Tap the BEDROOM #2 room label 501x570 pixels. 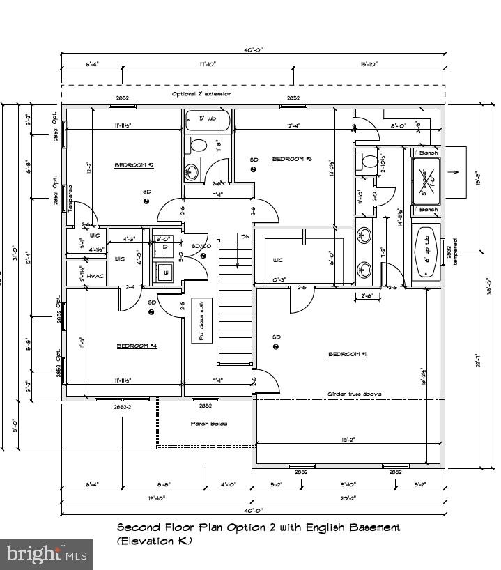point(133,165)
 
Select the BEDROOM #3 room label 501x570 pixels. point(291,159)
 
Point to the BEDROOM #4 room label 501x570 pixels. point(137,346)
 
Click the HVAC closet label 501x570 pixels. point(96,276)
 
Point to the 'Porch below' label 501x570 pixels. point(209,424)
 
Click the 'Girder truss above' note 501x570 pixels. point(355,394)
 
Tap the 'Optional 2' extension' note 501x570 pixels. point(201,93)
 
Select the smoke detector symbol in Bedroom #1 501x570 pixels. point(277,346)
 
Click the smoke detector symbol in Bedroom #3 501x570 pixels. point(254,169)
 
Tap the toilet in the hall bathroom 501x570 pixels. point(199,146)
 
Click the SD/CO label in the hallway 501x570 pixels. point(201,245)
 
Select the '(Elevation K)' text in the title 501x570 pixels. point(153,541)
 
